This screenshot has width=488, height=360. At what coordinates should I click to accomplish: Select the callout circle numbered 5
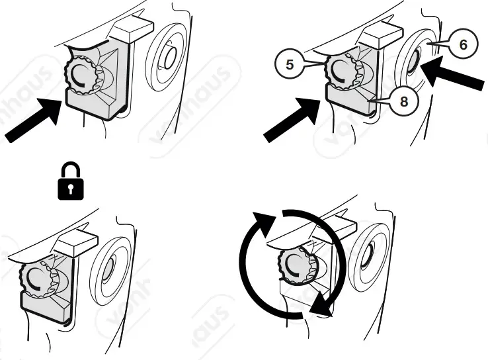288,64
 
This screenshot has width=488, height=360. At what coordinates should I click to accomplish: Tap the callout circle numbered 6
462,44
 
